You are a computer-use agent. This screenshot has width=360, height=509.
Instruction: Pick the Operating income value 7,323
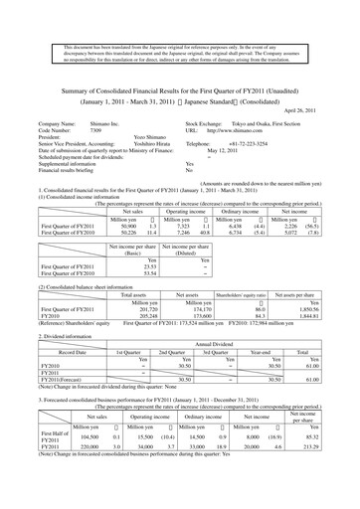(175, 227)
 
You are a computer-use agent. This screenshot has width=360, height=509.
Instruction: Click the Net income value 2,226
(287, 227)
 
